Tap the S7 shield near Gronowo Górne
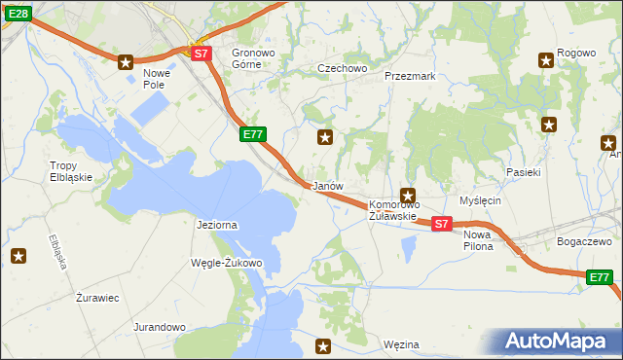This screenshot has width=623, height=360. click(x=201, y=54)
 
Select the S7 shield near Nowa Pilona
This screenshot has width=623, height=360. click(x=441, y=224)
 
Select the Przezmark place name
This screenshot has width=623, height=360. click(x=409, y=75)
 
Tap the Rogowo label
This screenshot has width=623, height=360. click(x=575, y=53)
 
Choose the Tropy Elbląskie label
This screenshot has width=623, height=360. click(x=71, y=171)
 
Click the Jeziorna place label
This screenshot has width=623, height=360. click(x=216, y=225)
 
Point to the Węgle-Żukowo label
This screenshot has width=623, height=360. click(x=227, y=264)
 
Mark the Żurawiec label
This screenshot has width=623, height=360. click(x=97, y=298)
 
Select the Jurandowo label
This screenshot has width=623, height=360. click(x=160, y=328)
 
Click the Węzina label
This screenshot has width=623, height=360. click(x=401, y=344)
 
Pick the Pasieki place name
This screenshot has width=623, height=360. click(x=524, y=171)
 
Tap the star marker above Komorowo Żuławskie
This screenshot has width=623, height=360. click(x=408, y=195)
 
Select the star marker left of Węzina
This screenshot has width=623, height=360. click(x=324, y=345)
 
